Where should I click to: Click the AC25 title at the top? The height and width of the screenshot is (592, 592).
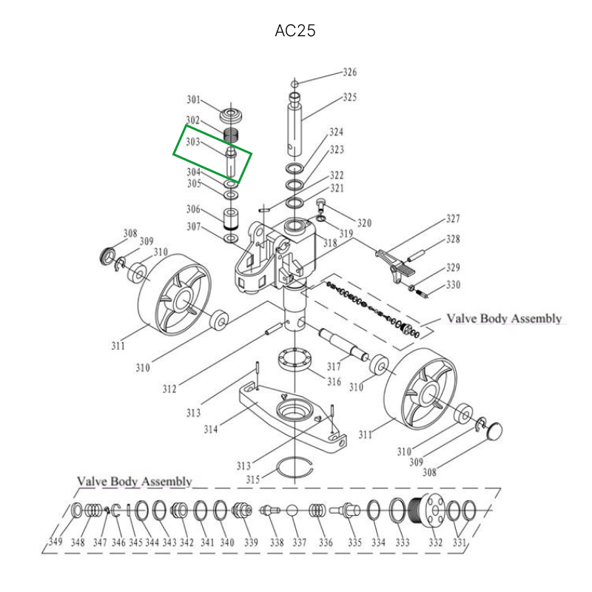(295, 31)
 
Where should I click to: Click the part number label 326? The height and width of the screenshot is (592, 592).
(349, 73)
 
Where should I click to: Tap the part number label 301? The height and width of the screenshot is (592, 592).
(193, 100)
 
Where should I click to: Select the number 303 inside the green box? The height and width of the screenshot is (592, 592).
(193, 141)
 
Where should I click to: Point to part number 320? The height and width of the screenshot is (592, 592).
(364, 223)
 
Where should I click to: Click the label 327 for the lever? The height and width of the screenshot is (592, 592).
(453, 219)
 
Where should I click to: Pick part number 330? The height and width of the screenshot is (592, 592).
(453, 284)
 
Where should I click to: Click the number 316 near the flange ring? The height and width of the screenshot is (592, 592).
(334, 383)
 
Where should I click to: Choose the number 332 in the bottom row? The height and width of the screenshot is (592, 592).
(436, 542)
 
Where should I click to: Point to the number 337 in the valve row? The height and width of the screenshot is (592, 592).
(299, 542)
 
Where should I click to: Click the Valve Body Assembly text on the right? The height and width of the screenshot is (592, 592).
(503, 319)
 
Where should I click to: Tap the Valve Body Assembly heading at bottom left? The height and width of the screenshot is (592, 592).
(134, 482)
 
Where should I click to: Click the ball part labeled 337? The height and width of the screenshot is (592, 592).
(293, 511)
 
